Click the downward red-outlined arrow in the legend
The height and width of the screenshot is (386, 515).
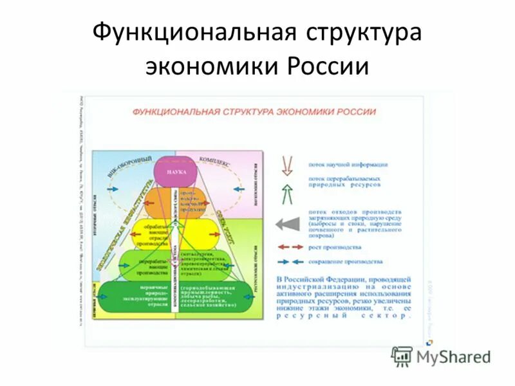click(x=288, y=165)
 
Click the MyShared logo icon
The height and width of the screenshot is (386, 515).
click(x=402, y=356)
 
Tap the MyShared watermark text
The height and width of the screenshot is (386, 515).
click(x=454, y=357)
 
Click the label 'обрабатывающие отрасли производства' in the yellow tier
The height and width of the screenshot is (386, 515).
click(x=155, y=234)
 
